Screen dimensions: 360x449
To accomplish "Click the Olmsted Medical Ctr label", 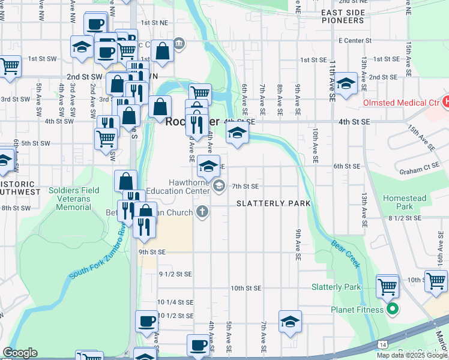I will point(401,103).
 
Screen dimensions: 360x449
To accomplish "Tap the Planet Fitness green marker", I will point(393,310).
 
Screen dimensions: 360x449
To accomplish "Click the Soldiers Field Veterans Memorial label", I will point(73,199).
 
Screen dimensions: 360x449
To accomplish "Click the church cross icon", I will point(202,212).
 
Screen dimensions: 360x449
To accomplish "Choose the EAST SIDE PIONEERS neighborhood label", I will point(342,16).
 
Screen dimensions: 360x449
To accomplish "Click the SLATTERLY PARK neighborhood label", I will point(273,203).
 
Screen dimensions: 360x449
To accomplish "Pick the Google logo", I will point(20,353).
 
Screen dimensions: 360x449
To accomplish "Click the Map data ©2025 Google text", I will point(412,355).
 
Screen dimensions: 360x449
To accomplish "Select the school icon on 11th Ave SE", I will point(346,85).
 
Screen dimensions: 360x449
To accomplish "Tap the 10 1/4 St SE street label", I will point(175,302).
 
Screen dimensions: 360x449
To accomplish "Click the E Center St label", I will point(356,41).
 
